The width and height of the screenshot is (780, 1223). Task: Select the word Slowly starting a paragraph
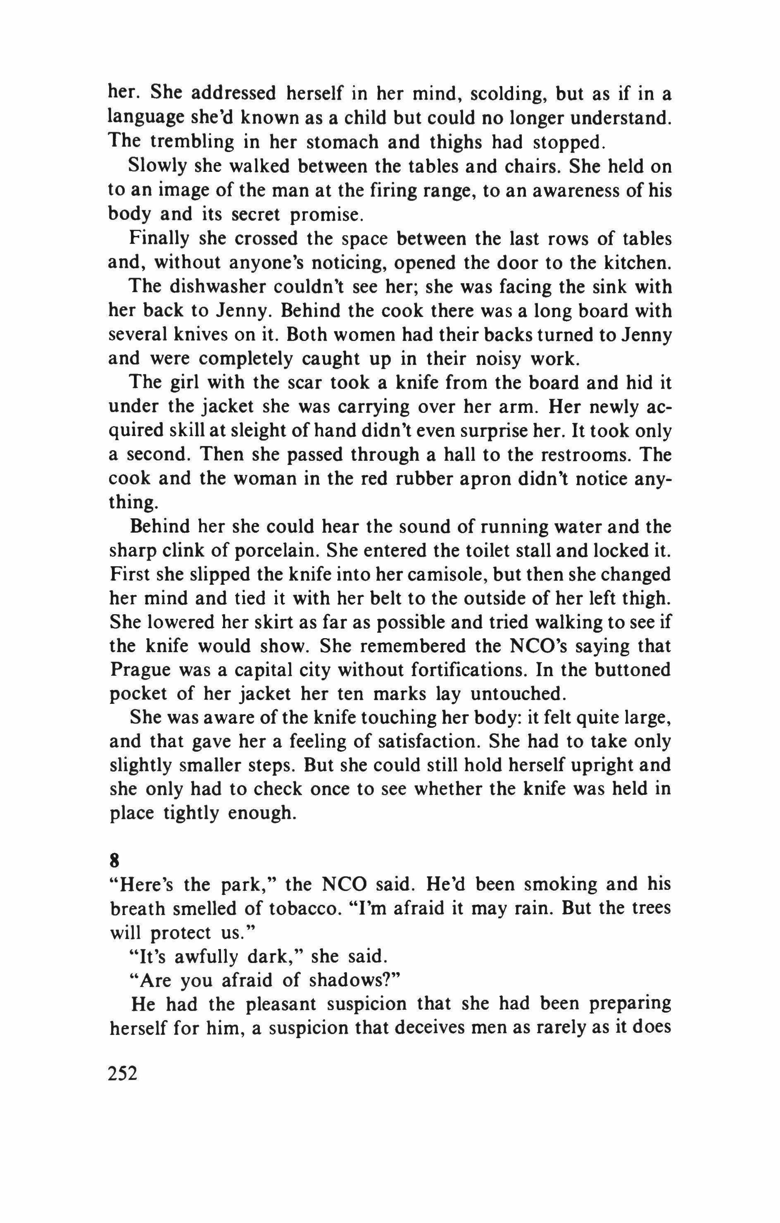point(155,166)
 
